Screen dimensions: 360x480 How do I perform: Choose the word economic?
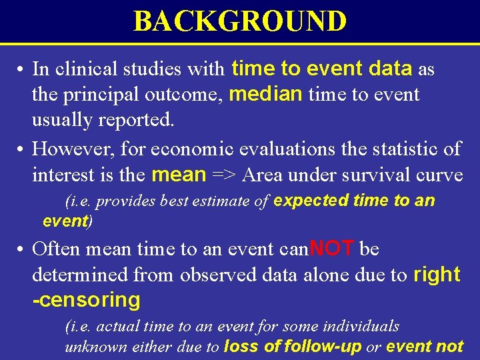tap(200, 149)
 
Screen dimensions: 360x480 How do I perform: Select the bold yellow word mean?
tap(179, 175)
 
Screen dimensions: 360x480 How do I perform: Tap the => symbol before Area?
tap(225, 175)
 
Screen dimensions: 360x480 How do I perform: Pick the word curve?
tap(440, 175)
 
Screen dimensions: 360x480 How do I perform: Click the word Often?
tap(56, 249)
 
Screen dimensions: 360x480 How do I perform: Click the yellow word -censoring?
tap(86, 301)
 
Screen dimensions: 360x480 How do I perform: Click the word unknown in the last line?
tap(91, 346)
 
